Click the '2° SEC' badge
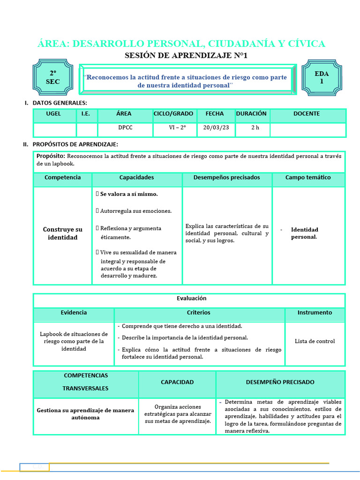click(x=52, y=78)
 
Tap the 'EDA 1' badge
click(x=322, y=77)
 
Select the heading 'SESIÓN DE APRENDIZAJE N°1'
click(x=186, y=56)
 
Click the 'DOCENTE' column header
click(x=307, y=114)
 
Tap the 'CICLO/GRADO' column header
click(x=173, y=114)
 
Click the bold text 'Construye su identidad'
click(x=62, y=233)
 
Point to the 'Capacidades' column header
click(x=136, y=178)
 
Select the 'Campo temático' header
click(x=308, y=178)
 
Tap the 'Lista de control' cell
click(x=315, y=341)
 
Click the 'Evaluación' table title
click(x=191, y=299)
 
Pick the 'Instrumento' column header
click(x=315, y=313)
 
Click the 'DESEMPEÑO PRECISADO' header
click(x=280, y=382)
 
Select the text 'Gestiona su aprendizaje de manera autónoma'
click(x=85, y=414)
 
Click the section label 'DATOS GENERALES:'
click(x=60, y=103)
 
